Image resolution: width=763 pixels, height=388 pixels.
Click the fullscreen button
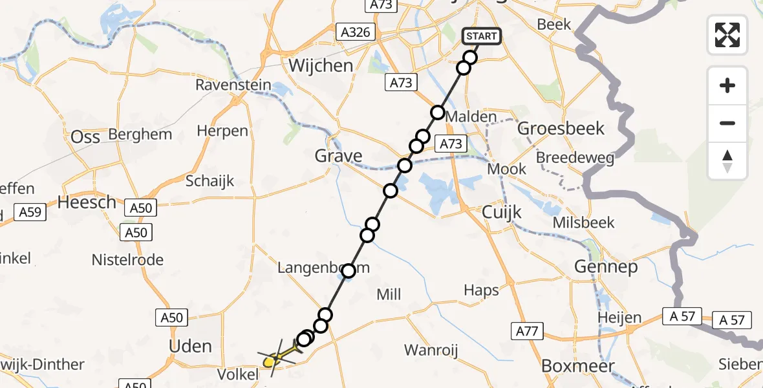coord(727,35)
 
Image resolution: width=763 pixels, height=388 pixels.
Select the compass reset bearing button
coord(727,161)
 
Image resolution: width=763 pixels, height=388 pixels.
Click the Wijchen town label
coord(321,65)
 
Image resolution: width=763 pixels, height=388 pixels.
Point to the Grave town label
coord(339,155)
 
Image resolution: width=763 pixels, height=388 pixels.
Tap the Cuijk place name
coord(502,213)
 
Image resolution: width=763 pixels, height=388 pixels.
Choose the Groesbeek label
coord(561,128)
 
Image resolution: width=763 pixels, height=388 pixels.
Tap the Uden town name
coord(190,346)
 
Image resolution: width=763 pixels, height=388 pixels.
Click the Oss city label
coord(85,137)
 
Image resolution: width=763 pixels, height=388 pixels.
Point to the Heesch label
coord(87,202)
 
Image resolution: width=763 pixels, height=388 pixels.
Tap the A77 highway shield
coord(527,332)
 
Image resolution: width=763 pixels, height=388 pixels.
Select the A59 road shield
coord(30,212)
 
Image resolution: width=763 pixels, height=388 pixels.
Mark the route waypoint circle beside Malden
coord(438,113)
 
